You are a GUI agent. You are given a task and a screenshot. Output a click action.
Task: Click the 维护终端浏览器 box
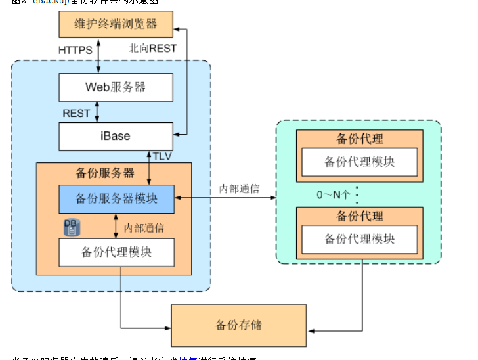tap(116, 25)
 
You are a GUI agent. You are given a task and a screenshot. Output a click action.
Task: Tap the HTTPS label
tap(76, 50)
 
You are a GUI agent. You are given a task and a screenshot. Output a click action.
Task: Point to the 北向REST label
tap(153, 48)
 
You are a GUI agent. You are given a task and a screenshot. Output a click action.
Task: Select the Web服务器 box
tap(116, 87)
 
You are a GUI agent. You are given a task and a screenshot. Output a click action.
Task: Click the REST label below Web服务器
tap(76, 113)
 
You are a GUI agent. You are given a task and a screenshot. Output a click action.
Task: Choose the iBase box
tap(116, 136)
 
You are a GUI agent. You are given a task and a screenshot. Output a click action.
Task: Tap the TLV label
tap(162, 156)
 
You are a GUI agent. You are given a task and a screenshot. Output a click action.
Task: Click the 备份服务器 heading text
tap(105, 173)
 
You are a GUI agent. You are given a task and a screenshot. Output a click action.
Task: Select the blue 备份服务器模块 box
tap(116, 198)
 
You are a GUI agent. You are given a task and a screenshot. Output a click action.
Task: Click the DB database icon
tap(70, 227)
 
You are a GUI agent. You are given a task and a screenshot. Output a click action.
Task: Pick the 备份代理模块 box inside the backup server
tap(116, 252)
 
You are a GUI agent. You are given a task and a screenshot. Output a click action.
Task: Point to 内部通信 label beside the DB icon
tap(144, 227)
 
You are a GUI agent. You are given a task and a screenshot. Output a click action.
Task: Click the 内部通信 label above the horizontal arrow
tap(239, 189)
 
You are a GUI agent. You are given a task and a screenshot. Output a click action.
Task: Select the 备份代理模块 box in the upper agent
tap(359, 162)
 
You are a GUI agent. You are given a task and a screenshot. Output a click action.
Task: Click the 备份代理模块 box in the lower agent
tap(359, 239)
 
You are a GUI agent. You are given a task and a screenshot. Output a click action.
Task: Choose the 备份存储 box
tap(238, 325)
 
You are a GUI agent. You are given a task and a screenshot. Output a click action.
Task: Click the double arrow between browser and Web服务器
tap(98, 55)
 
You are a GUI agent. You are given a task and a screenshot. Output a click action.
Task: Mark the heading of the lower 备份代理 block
tap(359, 216)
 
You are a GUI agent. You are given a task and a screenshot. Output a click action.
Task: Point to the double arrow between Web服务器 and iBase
tap(98, 112)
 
